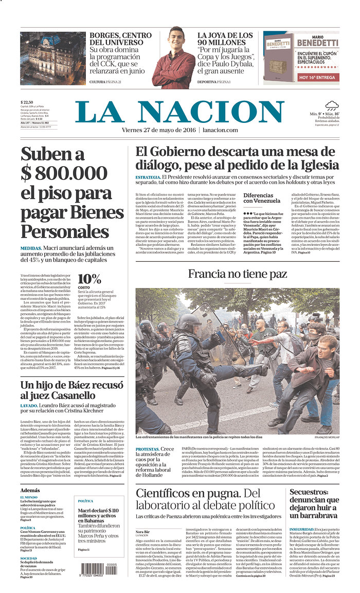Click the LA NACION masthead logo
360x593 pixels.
tap(179, 112)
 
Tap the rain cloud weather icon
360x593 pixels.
tap(332, 105)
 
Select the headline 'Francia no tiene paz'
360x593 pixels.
tap(237, 274)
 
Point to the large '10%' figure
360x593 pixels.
tap(89, 279)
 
